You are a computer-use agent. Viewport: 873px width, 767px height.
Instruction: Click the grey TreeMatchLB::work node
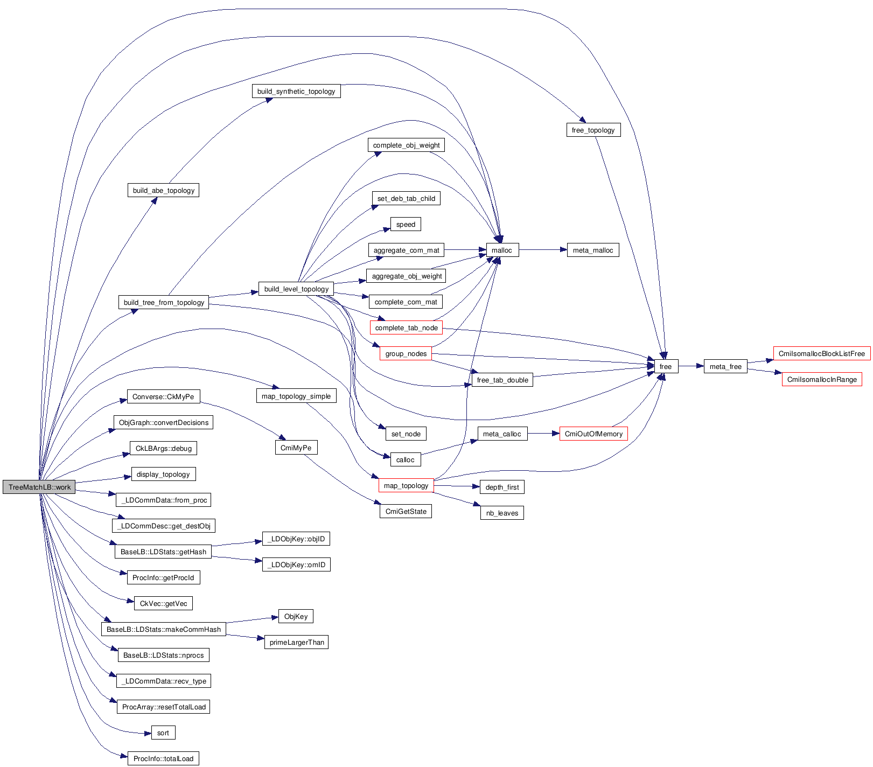(39, 487)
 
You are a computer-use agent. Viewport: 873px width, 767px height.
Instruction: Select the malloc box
(502, 250)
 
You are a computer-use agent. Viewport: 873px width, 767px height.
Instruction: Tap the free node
(666, 366)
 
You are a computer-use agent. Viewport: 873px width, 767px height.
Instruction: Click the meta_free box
(725, 366)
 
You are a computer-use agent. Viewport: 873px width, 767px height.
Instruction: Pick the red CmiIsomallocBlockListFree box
(821, 353)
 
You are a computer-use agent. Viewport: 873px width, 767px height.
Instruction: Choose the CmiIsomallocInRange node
(821, 379)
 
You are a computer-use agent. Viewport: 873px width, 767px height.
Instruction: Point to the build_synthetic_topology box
(296, 91)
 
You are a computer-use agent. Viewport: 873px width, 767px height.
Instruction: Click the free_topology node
(593, 130)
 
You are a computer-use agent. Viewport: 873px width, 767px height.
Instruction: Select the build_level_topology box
(296, 289)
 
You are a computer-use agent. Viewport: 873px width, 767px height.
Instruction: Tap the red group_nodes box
(406, 353)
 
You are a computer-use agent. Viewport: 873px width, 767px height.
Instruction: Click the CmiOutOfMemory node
(593, 434)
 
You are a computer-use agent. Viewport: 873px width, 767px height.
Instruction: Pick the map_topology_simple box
(296, 396)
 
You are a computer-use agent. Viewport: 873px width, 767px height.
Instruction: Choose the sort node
(163, 733)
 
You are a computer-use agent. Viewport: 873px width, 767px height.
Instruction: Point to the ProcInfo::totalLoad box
(163, 758)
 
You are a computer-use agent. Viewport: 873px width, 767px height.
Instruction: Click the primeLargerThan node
(296, 642)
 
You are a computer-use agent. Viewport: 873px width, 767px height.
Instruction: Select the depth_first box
(502, 487)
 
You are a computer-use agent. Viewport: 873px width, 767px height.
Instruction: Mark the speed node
(406, 224)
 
